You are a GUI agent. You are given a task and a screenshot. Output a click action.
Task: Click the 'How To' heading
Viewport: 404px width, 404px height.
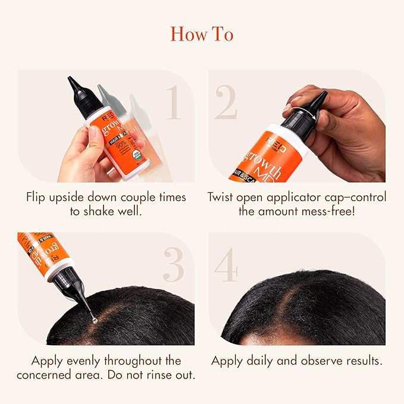202,34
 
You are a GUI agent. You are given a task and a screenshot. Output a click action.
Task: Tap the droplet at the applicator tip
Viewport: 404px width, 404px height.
94,320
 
